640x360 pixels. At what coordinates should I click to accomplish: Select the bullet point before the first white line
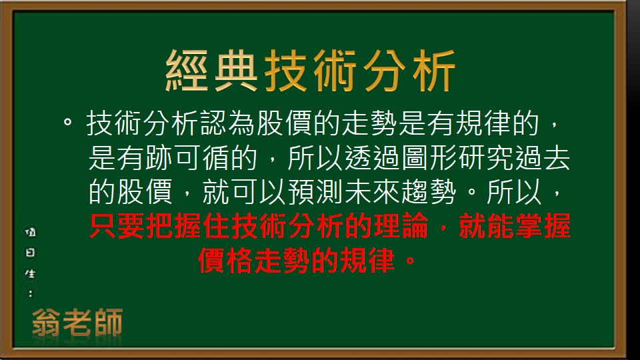(67, 123)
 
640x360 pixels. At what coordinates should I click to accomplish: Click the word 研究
(485, 159)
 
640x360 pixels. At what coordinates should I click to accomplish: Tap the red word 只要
(117, 227)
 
